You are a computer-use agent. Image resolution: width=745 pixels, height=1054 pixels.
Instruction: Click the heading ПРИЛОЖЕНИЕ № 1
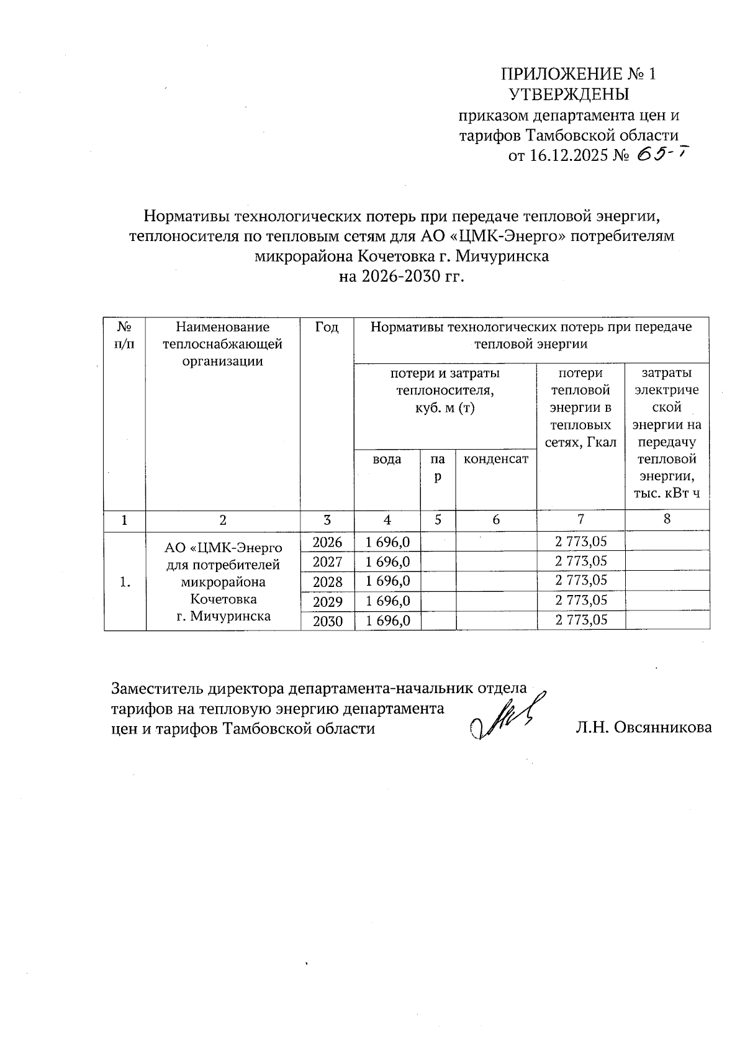[578, 75]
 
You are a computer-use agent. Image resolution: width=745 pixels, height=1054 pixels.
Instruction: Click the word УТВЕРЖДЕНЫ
[569, 95]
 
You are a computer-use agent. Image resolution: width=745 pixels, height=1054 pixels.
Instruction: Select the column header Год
[327, 327]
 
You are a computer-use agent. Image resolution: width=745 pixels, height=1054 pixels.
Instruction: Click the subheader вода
[387, 460]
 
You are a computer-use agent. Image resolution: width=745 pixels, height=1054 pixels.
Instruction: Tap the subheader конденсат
[496, 459]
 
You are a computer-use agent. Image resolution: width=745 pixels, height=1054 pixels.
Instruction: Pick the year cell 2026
[327, 542]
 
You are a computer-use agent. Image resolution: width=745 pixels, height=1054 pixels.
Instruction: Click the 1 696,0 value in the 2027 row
[388, 562]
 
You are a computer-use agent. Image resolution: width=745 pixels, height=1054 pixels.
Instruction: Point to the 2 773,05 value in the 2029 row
[580, 601]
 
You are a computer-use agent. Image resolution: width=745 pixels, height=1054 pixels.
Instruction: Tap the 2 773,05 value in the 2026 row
[580, 542]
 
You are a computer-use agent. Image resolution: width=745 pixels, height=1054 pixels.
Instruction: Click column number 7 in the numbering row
[580, 519]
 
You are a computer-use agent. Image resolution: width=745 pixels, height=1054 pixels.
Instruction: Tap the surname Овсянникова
[662, 728]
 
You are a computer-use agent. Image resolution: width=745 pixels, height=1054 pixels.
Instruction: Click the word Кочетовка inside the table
[223, 599]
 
